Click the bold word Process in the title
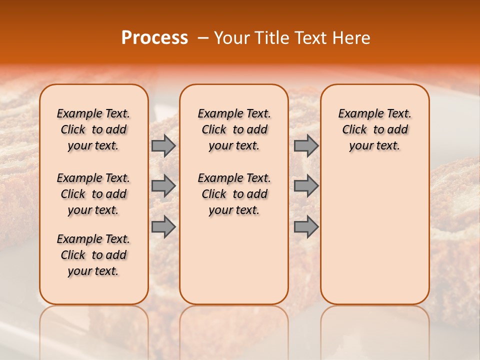(x=154, y=38)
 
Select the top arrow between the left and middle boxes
(x=163, y=145)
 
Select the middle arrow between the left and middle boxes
(x=163, y=186)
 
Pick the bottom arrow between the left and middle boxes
(x=163, y=226)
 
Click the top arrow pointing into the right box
(x=306, y=145)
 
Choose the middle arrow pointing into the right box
(x=306, y=186)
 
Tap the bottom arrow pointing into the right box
(x=306, y=226)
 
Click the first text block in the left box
(x=93, y=129)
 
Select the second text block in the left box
(x=93, y=194)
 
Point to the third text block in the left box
(x=93, y=255)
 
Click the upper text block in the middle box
(x=234, y=129)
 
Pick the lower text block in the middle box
(x=234, y=194)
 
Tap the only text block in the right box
(x=374, y=129)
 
